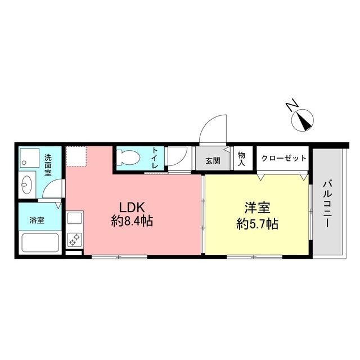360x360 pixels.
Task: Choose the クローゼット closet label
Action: (284, 159)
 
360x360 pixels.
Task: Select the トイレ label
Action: (155, 158)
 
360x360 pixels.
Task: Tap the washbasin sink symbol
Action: (27, 184)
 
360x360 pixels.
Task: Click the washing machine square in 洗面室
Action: (28, 159)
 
